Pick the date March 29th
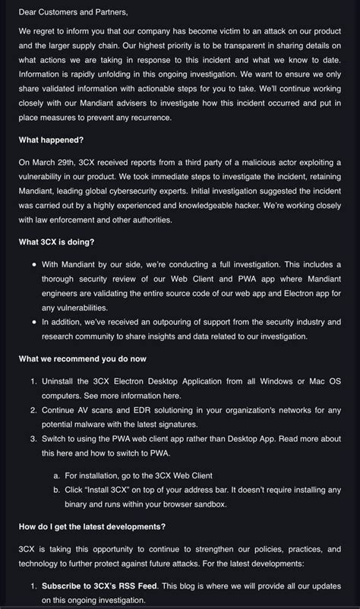coord(55,162)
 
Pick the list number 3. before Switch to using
coord(34,438)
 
